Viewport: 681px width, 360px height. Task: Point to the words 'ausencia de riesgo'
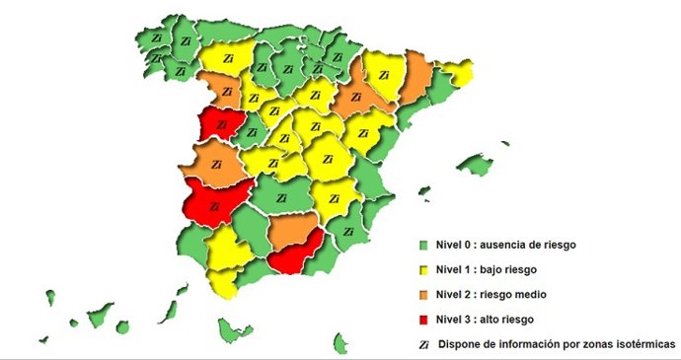pos(529,243)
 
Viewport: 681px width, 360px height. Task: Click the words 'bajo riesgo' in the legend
pos(512,268)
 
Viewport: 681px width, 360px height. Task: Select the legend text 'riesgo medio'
pos(515,294)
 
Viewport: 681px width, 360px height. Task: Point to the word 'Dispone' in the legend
pos(459,344)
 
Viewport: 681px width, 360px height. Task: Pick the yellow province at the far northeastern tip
pos(457,72)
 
